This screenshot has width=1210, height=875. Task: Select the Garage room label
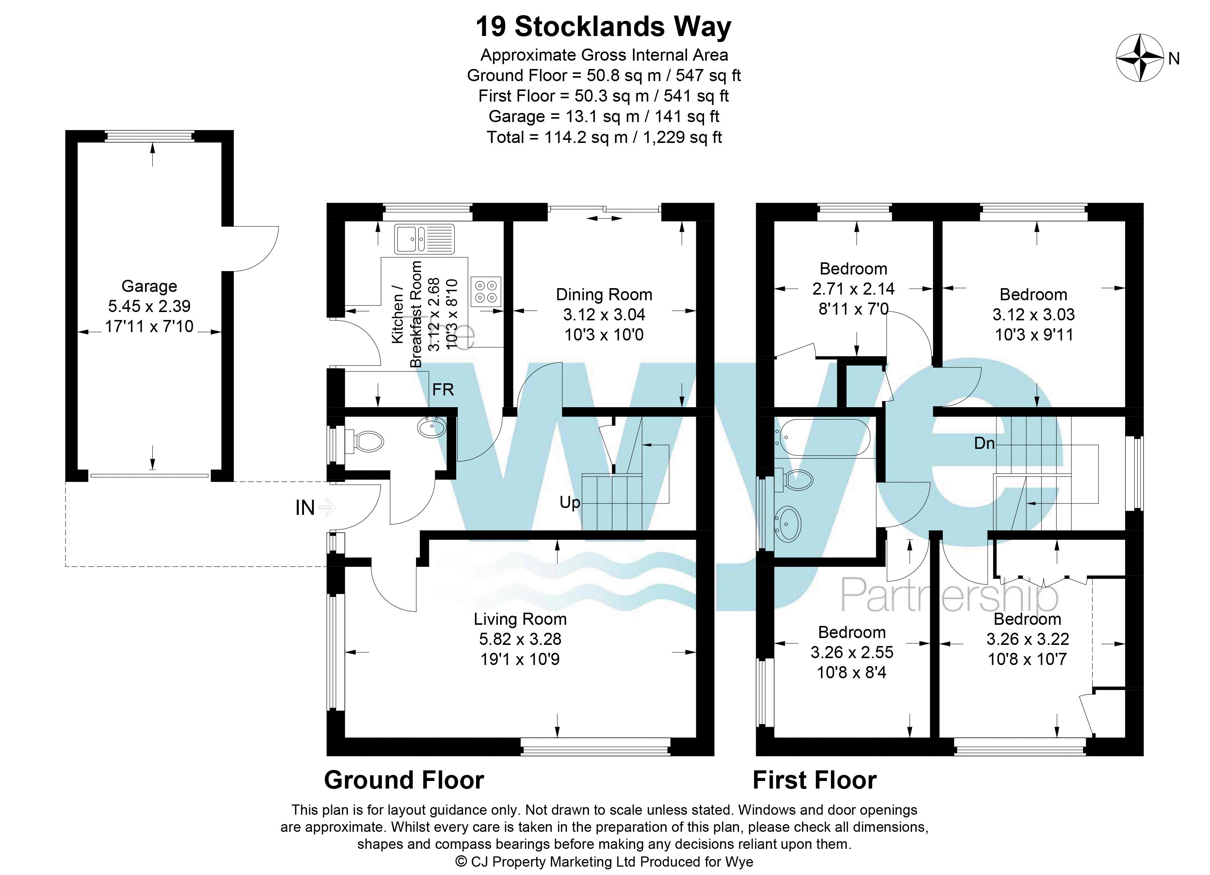click(149, 286)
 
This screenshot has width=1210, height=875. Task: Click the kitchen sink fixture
click(424, 238)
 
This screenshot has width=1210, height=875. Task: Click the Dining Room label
click(604, 294)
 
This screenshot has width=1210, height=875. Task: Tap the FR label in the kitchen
click(443, 390)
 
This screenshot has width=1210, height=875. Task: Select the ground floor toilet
click(365, 442)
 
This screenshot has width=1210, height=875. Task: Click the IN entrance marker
click(305, 508)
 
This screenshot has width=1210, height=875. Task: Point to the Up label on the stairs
click(570, 502)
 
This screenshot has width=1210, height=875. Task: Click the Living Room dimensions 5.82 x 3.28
click(520, 639)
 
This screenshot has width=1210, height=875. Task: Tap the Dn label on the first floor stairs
click(984, 443)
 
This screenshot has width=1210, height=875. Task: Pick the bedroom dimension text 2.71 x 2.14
click(853, 289)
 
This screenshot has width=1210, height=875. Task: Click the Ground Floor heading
click(404, 780)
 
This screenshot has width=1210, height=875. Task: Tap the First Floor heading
click(814, 780)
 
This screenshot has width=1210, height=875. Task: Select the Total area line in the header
click(604, 137)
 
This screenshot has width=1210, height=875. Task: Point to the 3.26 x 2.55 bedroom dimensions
click(852, 652)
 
